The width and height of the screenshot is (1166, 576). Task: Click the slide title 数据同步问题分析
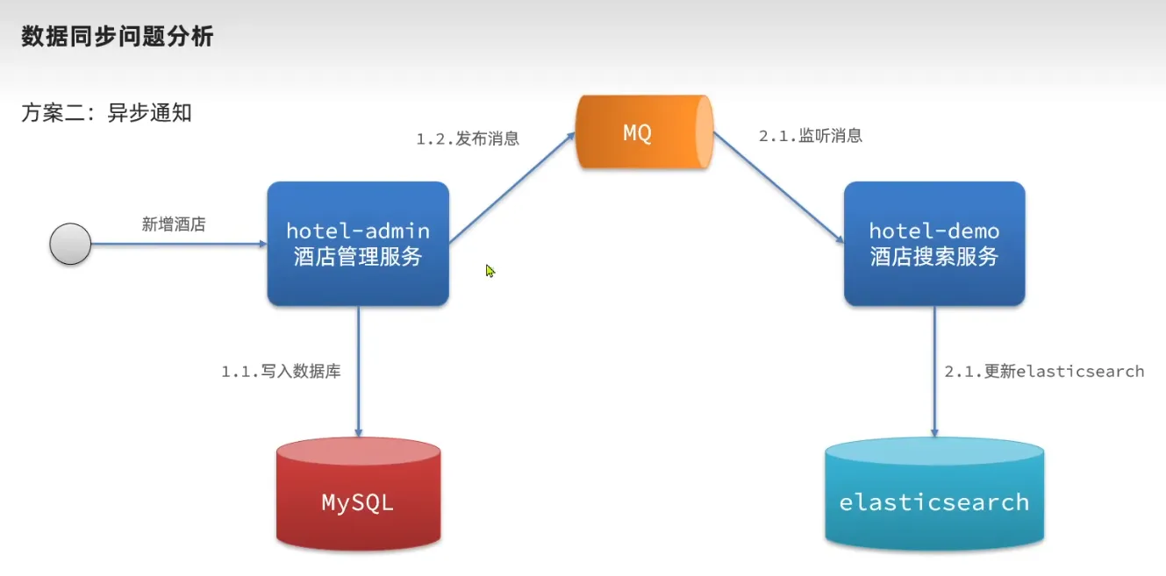118,37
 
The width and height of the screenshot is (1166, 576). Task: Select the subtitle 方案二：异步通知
106,113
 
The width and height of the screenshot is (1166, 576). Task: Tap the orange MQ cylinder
643,133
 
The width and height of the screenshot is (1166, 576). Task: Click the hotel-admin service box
358,244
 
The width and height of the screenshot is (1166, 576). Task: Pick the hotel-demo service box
934,244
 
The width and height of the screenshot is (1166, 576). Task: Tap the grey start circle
70,244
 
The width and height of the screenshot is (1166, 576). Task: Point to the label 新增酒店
174,224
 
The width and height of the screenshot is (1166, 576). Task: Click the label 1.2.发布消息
468,139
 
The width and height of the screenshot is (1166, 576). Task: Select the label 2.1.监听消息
810,136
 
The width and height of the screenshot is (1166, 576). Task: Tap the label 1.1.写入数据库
281,372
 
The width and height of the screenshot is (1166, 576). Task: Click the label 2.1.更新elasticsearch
1044,372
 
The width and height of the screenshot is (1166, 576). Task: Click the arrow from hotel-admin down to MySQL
358,373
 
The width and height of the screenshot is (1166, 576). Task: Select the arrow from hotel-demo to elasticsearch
934,373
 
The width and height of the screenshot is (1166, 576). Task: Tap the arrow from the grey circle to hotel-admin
179,245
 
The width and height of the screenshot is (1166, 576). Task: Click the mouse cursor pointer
490,271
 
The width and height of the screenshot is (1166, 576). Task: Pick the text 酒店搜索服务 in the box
934,257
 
